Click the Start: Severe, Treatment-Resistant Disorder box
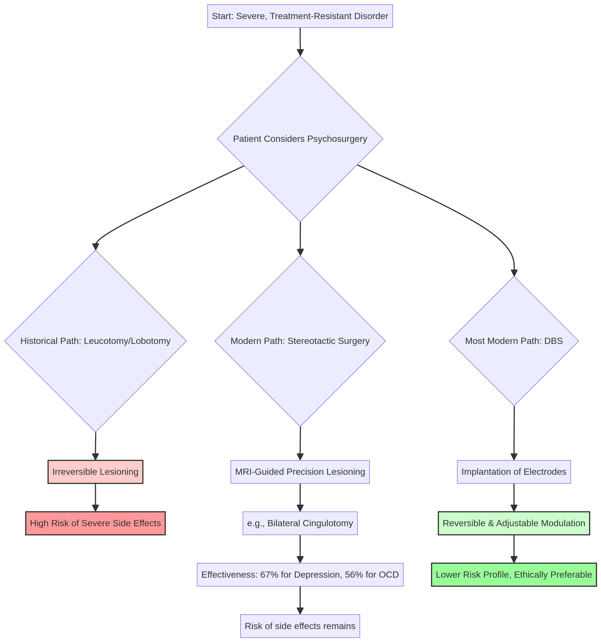point(300,16)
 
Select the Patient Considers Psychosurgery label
point(300,139)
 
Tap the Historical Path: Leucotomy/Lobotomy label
point(95,341)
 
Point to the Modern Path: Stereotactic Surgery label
point(300,341)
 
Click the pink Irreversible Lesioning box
point(95,472)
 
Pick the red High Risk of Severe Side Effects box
point(95,523)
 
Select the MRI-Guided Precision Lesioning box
point(300,472)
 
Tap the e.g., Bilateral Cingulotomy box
point(300,523)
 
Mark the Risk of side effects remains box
point(300,626)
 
